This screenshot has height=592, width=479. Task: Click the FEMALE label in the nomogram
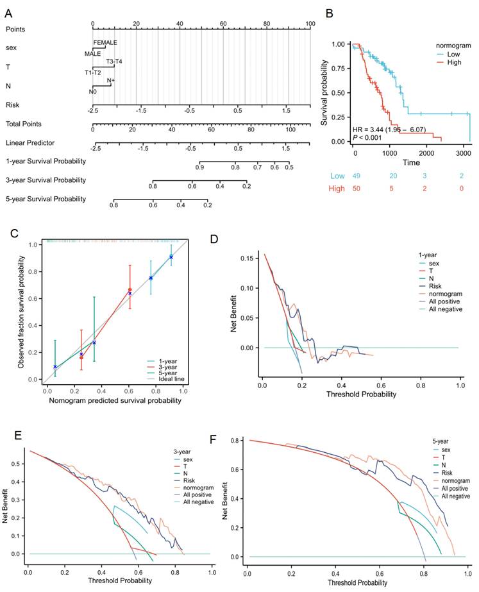[x=105, y=42]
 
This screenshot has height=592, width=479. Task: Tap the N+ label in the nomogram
[x=111, y=81]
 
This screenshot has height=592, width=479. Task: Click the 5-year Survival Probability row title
[x=46, y=199]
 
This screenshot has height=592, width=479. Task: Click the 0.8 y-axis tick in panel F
[x=236, y=441]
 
